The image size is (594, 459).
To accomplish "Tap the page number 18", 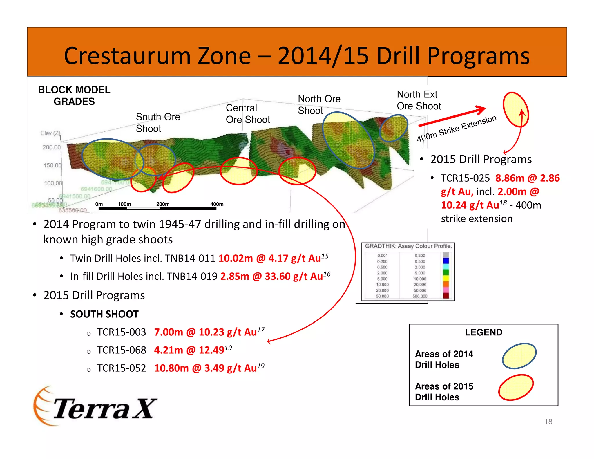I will (548, 422).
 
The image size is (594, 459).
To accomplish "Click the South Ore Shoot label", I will (158, 122).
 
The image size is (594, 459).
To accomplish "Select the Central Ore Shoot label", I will (248, 114).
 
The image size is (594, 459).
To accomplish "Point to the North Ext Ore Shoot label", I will (419, 100).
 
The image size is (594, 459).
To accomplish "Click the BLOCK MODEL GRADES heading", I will (74, 95).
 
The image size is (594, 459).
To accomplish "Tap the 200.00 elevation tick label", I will (52, 147).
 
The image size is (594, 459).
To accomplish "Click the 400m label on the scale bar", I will (217, 204).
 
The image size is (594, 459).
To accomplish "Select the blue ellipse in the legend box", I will (519, 356).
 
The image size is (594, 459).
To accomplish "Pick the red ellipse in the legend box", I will (516, 387).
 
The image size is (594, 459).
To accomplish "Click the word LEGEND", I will (483, 332).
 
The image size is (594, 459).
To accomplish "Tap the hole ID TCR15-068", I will (122, 350).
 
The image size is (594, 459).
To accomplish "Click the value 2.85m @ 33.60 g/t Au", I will (271, 276).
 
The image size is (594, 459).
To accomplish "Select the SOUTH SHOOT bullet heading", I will (104, 314).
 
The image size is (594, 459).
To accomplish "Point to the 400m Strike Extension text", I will (457, 129).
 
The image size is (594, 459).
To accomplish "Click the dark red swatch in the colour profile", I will (446, 296).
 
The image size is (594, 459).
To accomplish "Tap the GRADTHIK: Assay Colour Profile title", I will (408, 246).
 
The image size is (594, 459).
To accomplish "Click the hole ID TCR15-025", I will (465, 178).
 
